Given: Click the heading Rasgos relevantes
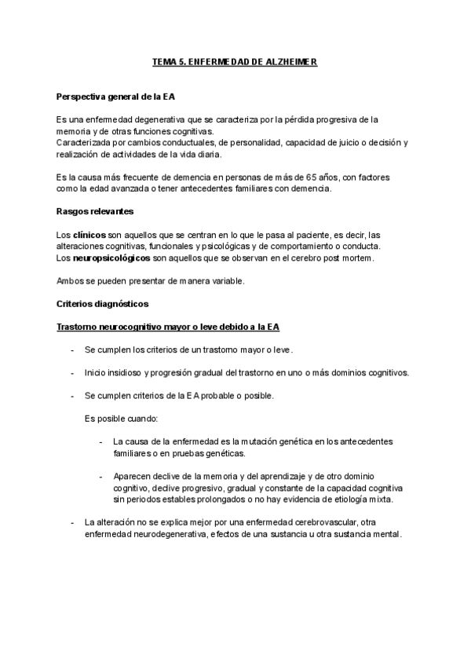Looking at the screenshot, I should [95, 212].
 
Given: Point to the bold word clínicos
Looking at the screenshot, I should [90, 235].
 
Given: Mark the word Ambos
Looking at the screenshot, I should [70, 280].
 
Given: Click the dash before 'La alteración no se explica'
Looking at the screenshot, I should [73, 522].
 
